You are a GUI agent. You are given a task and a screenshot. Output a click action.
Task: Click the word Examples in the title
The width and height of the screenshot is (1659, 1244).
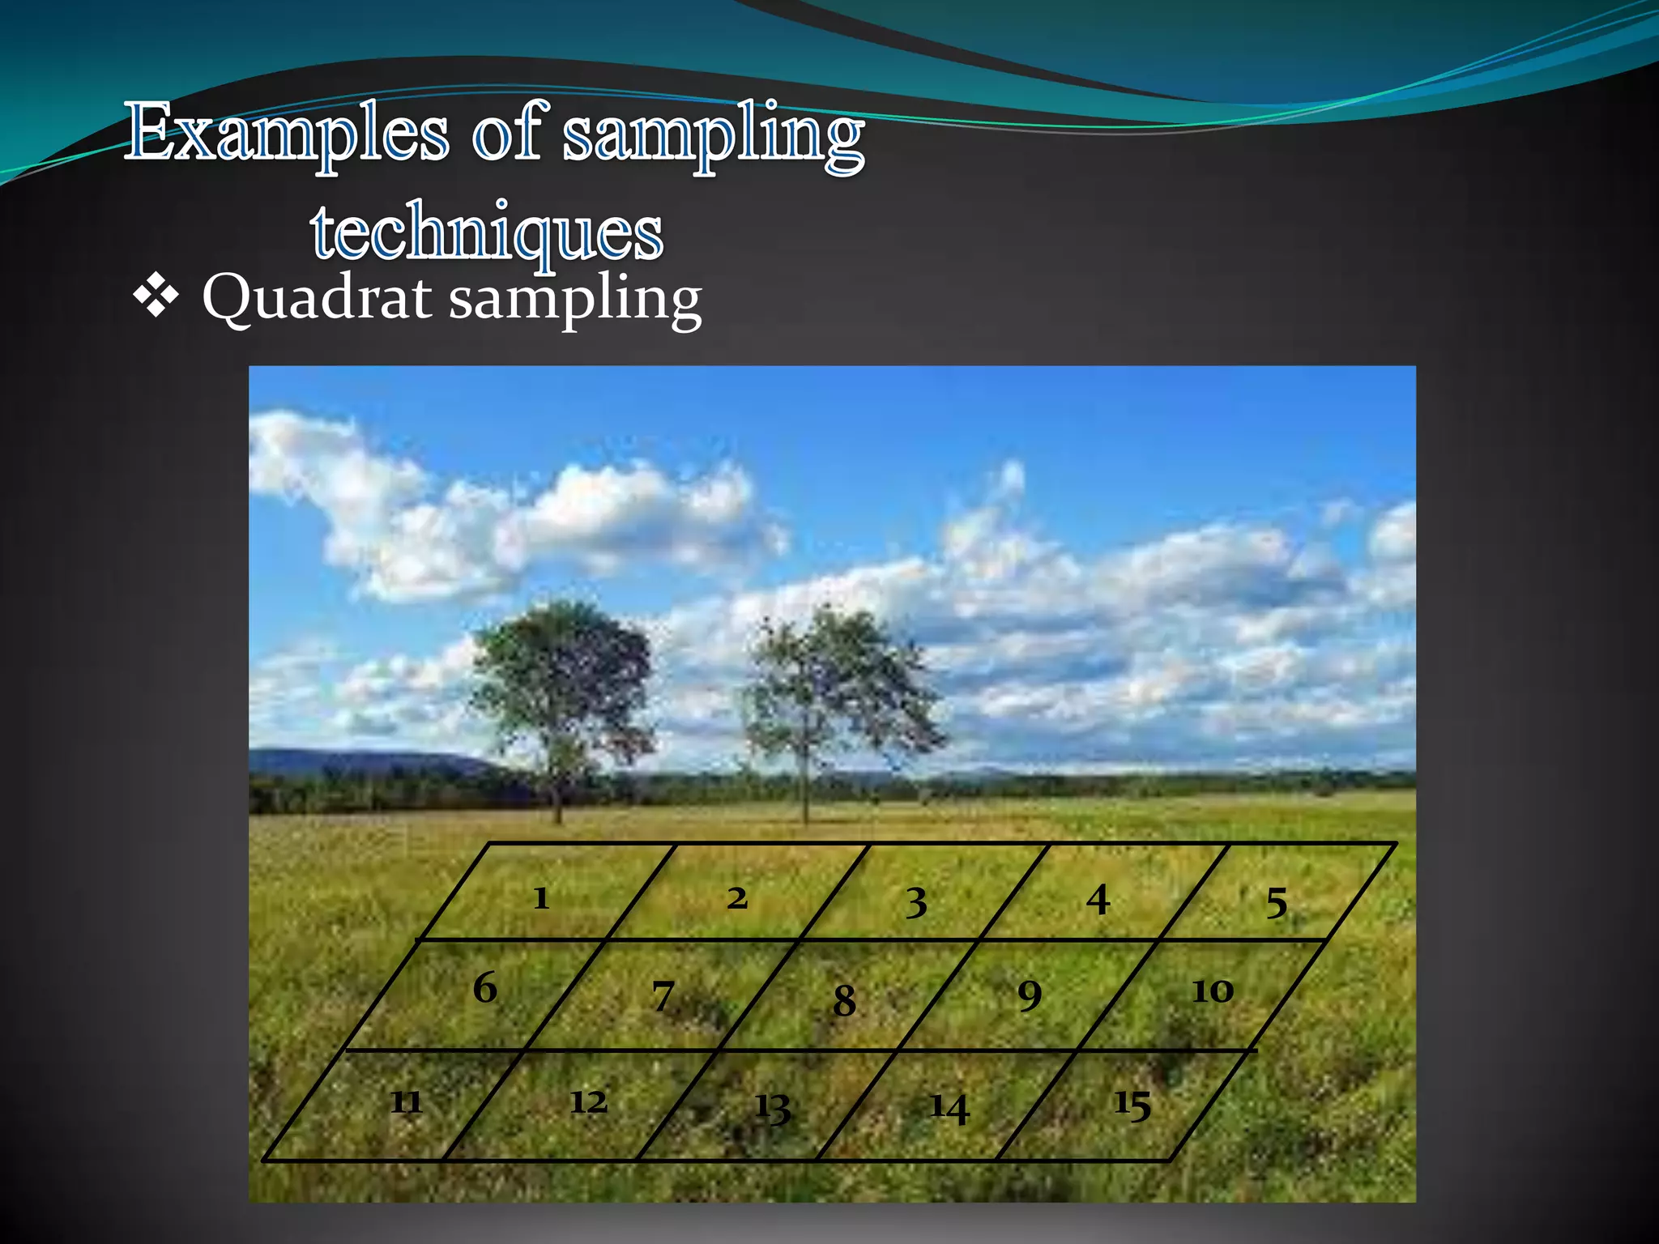[288, 134]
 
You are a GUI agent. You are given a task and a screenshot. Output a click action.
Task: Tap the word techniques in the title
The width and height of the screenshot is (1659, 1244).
[487, 232]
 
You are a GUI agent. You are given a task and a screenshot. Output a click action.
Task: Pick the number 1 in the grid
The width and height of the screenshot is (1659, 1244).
[541, 898]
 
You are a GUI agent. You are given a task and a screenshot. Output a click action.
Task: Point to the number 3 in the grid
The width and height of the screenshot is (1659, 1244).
[916, 902]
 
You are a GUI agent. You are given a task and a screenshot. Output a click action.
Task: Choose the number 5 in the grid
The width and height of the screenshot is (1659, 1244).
[1277, 903]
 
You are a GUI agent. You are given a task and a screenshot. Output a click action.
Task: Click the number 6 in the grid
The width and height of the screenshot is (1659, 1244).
[484, 988]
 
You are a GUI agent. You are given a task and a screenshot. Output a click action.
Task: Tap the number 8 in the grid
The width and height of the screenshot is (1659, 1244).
[844, 1000]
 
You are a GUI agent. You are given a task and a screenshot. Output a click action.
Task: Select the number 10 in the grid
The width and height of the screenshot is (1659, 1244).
[1212, 991]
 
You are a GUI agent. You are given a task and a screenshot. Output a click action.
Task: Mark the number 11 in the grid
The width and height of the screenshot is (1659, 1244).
[406, 1102]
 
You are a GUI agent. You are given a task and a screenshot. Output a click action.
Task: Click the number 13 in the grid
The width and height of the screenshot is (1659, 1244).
[772, 1107]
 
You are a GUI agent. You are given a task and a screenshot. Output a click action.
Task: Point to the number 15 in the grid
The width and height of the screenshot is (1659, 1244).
[1132, 1105]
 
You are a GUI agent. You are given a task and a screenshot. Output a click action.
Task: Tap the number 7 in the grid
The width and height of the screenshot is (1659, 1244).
[663, 996]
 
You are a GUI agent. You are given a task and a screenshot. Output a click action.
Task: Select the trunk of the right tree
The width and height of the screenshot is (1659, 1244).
[804, 777]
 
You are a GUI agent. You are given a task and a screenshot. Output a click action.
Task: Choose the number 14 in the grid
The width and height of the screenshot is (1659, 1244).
[949, 1108]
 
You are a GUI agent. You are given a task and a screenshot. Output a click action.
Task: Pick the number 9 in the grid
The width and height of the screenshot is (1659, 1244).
[1030, 995]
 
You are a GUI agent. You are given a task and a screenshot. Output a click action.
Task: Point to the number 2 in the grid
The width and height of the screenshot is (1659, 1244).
[736, 898]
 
